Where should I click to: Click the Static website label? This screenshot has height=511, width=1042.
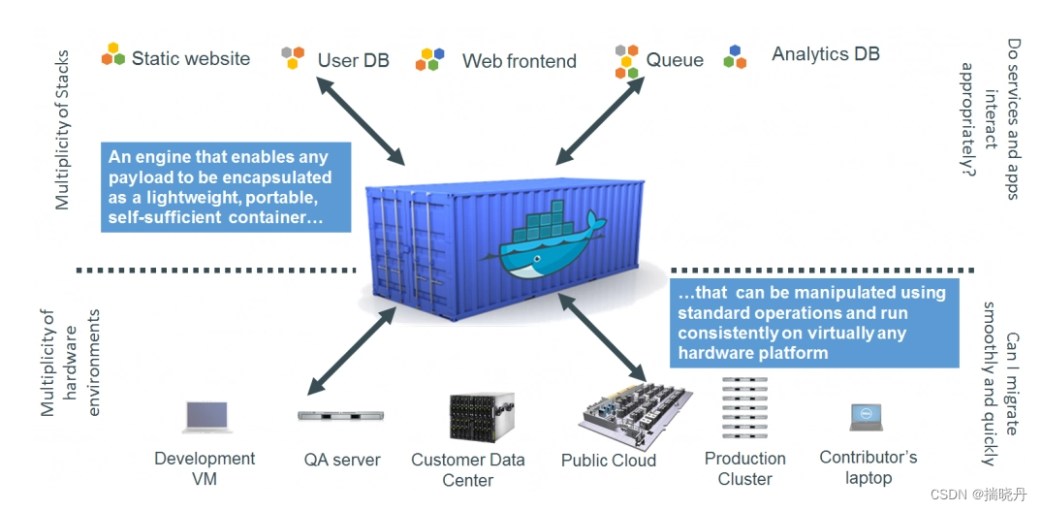click(190, 59)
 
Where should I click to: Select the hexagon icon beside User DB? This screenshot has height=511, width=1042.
click(292, 57)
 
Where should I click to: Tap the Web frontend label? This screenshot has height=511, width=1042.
click(519, 61)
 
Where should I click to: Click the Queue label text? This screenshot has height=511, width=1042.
click(675, 60)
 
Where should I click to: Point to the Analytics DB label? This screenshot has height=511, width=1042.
click(825, 54)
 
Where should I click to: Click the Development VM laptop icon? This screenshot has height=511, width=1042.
click(206, 417)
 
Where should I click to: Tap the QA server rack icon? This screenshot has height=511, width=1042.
click(340, 415)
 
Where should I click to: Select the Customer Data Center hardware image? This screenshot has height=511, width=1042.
click(481, 418)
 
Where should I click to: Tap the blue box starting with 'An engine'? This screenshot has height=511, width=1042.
click(226, 187)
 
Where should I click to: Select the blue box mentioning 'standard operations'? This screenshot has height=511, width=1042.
click(813, 322)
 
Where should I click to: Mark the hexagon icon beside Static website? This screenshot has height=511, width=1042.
click(113, 54)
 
